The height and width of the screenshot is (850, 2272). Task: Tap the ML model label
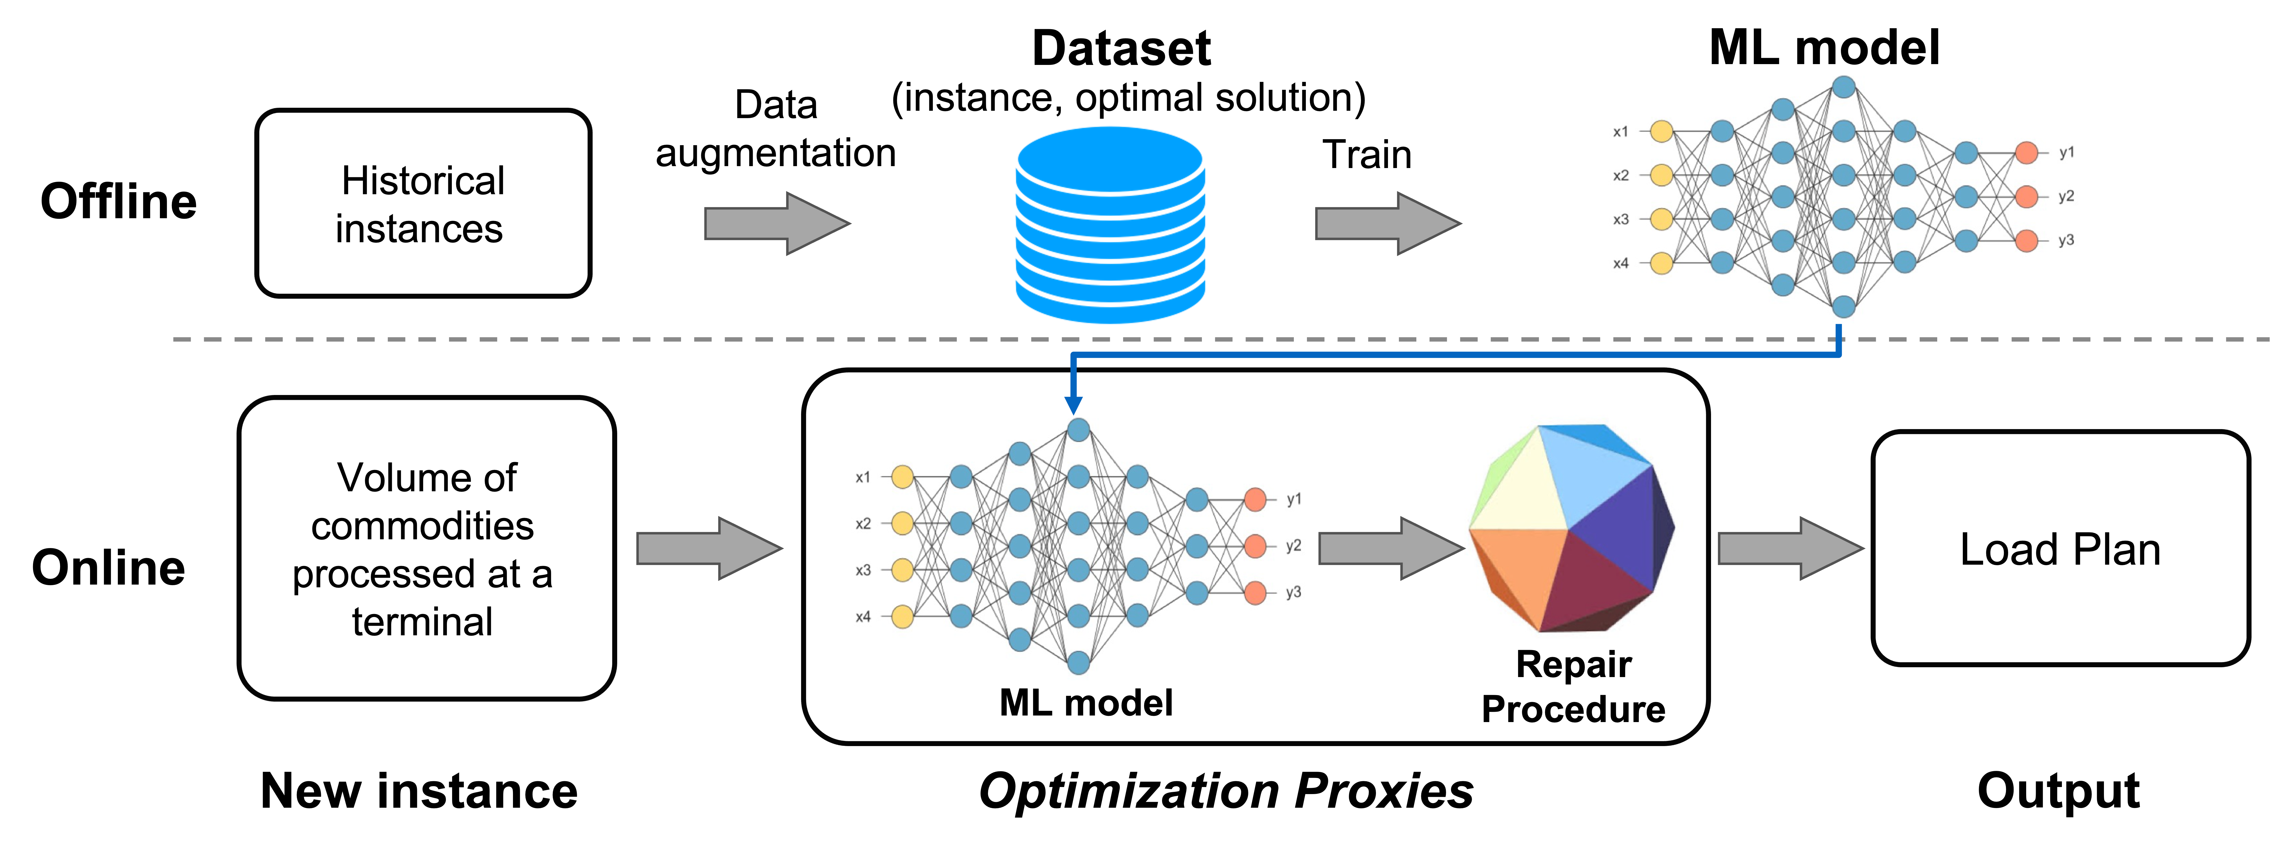pos(1086,703)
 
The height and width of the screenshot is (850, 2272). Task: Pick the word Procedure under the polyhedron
pos(1574,709)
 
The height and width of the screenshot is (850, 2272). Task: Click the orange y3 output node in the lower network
pos(1255,592)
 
